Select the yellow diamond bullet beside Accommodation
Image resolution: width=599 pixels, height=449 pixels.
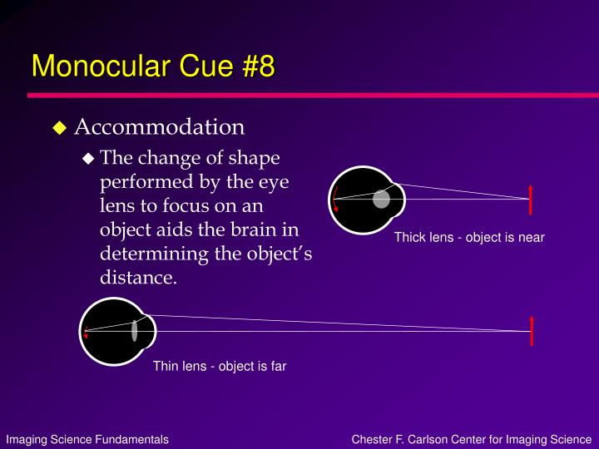pyautogui.click(x=60, y=127)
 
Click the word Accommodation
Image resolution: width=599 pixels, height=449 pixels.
pyautogui.click(x=159, y=126)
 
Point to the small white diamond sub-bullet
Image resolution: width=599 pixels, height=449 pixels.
pyautogui.click(x=88, y=158)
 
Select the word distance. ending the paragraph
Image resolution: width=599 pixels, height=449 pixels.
pyautogui.click(x=138, y=277)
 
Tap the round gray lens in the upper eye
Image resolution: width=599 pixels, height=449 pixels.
pyautogui.click(x=381, y=199)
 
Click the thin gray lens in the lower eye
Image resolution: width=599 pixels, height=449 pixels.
pyautogui.click(x=135, y=331)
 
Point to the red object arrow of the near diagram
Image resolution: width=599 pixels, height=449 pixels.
pyautogui.click(x=530, y=200)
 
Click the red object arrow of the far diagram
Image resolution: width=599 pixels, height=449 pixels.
pyautogui.click(x=532, y=331)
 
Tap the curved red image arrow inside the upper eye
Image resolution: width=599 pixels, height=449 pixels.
pyautogui.click(x=335, y=200)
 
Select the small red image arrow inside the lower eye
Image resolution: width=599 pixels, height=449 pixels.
pyautogui.click(x=86, y=333)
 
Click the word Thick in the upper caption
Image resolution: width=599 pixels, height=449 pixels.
pyautogui.click(x=410, y=237)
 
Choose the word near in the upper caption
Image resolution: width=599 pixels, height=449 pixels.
pyautogui.click(x=532, y=238)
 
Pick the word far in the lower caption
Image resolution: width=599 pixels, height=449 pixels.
pyautogui.click(x=279, y=366)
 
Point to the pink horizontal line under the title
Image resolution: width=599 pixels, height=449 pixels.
pyautogui.click(x=314, y=95)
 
